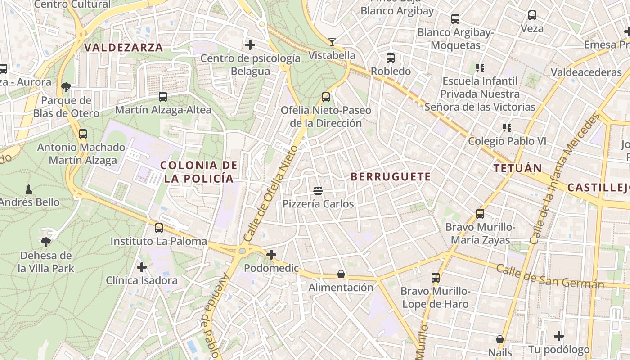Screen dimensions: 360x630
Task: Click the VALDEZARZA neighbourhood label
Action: point(123,47)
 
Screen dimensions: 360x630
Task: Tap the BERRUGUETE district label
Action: point(391,177)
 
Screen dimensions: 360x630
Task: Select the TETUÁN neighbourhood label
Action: point(517,169)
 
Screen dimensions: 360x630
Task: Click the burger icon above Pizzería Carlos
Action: point(318,191)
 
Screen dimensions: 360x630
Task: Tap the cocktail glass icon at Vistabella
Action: point(332,42)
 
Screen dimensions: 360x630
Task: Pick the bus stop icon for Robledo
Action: point(391,58)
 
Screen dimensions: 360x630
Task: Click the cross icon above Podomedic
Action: point(271,255)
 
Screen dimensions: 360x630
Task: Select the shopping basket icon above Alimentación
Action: point(341,274)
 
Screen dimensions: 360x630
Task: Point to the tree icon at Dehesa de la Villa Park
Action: point(45,242)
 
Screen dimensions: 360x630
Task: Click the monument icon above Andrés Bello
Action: point(29,189)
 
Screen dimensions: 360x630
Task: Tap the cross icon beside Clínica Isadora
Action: point(142,267)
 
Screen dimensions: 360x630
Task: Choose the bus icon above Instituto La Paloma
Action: point(158,228)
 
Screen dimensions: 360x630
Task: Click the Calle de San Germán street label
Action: point(550,276)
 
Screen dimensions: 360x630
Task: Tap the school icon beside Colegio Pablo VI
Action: point(507,128)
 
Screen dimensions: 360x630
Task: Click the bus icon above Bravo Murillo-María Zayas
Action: point(480,214)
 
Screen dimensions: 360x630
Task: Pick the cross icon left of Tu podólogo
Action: point(559,336)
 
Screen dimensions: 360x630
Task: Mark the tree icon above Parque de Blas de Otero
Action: point(66,87)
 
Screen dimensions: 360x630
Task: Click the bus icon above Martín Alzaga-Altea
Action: point(163,96)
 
